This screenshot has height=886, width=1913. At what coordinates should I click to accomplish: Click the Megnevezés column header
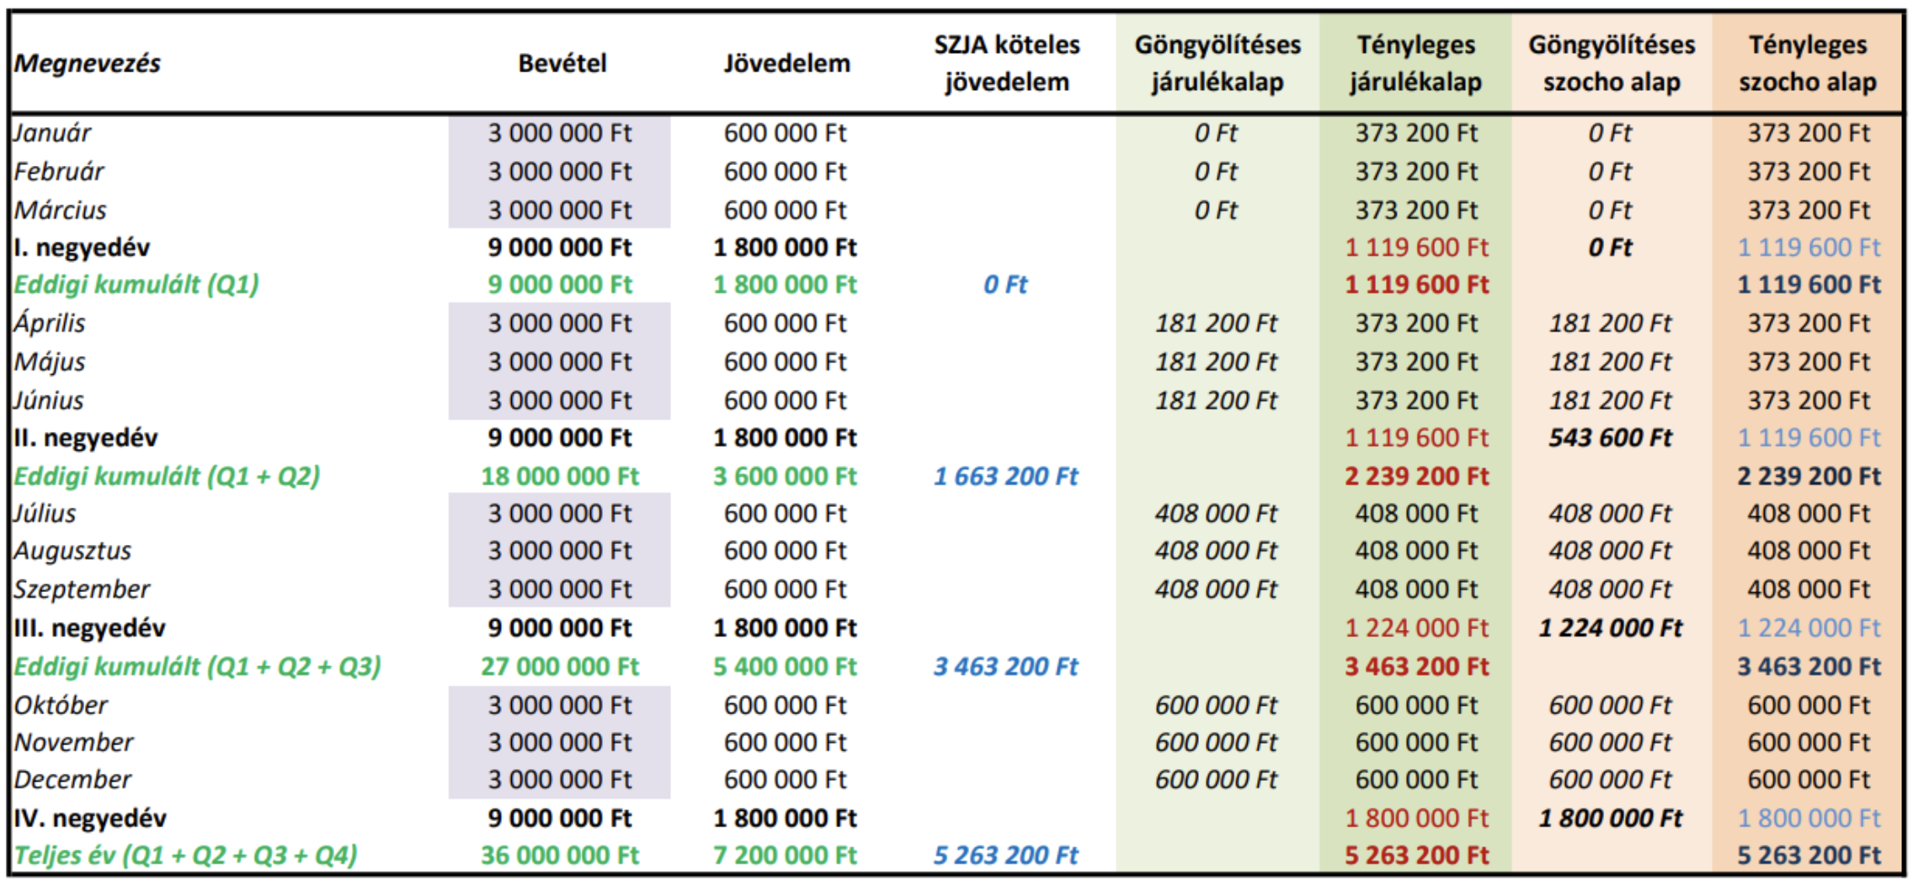(x=88, y=63)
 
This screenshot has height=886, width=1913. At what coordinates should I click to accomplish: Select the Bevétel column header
(x=562, y=63)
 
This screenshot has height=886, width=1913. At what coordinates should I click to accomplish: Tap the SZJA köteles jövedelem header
(x=1006, y=63)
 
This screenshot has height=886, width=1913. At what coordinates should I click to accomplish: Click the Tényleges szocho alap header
(x=1808, y=63)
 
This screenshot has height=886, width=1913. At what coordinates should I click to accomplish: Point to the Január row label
(x=52, y=133)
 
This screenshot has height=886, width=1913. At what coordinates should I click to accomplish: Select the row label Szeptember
(x=82, y=589)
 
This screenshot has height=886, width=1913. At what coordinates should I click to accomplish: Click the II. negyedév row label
(x=86, y=438)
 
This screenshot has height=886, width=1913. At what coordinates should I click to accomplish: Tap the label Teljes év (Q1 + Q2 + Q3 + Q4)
(x=186, y=856)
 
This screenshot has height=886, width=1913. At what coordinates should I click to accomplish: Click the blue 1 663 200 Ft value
(x=1006, y=477)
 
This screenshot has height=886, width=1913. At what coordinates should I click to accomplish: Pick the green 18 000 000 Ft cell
(x=560, y=477)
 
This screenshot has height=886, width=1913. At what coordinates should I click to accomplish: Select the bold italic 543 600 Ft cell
(x=1611, y=438)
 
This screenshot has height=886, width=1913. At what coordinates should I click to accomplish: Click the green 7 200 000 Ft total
(x=785, y=856)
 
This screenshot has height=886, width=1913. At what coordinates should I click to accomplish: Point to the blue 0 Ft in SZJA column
(x=1006, y=285)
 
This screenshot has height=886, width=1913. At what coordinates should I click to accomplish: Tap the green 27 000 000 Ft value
(x=560, y=667)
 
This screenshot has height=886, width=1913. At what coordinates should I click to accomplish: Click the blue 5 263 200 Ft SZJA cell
(x=1006, y=856)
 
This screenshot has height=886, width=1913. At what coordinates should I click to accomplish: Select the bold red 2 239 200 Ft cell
(x=1416, y=477)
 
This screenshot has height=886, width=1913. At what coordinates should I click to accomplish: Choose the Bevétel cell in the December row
(x=560, y=780)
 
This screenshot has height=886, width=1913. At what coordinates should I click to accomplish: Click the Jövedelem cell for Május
(x=785, y=362)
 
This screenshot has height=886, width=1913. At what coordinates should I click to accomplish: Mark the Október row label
(x=61, y=705)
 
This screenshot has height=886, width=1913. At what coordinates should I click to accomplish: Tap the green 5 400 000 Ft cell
(x=785, y=667)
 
